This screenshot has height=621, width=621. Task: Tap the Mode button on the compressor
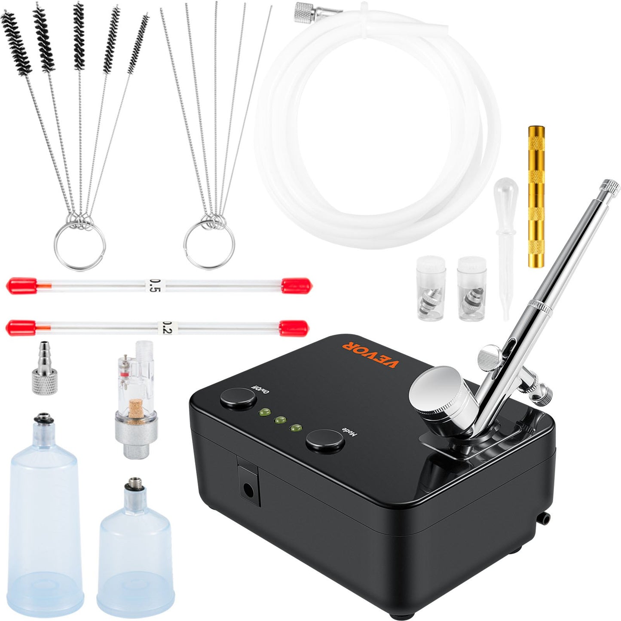coord(325,441)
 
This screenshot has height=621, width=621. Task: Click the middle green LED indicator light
coord(281,419)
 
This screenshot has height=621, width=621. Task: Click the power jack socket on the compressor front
coord(248,489)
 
